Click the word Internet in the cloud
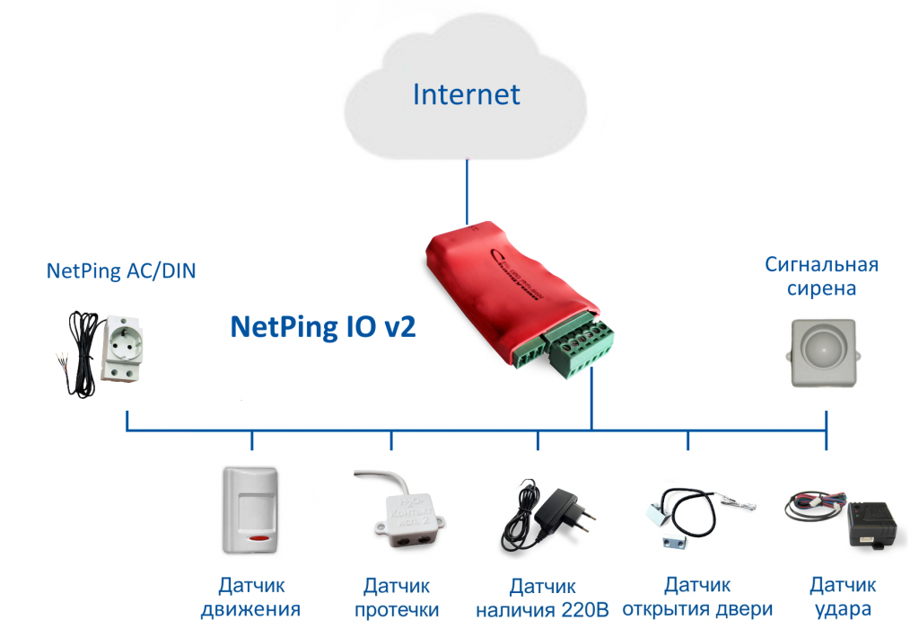[x=466, y=94]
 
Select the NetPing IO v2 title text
[x=323, y=327]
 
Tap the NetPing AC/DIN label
[x=121, y=271]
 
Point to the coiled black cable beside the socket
[x=82, y=352]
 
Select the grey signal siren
[x=823, y=353]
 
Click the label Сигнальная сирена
[x=821, y=277]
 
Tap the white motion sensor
[x=249, y=510]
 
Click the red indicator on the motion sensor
[x=258, y=537]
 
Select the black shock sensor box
[x=871, y=524]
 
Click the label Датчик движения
[x=251, y=598]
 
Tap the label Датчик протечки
[x=397, y=598]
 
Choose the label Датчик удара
[x=843, y=598]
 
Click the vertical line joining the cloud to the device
[x=467, y=191]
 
